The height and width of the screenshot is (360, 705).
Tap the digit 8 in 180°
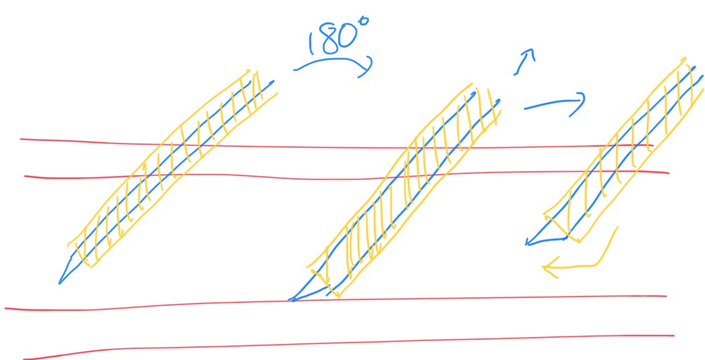click(x=328, y=39)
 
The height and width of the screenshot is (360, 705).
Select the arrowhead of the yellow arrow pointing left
click(x=546, y=266)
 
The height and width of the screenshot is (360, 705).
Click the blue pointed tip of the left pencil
click(x=60, y=283)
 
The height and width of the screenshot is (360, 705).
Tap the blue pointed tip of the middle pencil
click(x=291, y=300)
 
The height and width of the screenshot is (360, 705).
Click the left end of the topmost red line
click(x=21, y=139)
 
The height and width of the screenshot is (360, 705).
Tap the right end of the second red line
click(x=668, y=172)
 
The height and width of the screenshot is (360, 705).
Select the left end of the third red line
click(x=6, y=308)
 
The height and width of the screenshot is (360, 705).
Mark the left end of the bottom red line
click(x=24, y=359)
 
